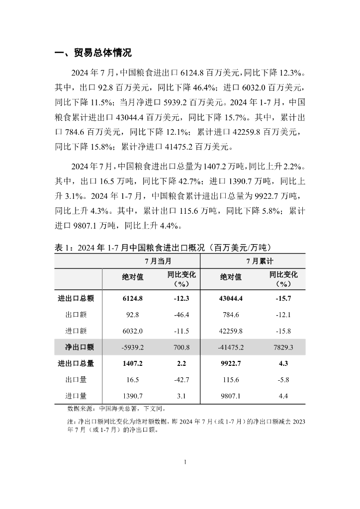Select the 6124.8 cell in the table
[x=133, y=299]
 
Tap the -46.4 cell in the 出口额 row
[x=176, y=315]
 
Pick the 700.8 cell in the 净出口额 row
[x=176, y=347]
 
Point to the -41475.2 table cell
[x=230, y=347]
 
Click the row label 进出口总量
[x=76, y=363]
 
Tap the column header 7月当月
[x=151, y=261]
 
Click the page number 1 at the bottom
[x=185, y=462]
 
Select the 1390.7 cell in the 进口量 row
[x=133, y=396]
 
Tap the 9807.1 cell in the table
[x=231, y=396]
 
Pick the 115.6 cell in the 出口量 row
[x=231, y=379]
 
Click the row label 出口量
[x=76, y=379]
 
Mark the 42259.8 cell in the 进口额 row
[x=231, y=331]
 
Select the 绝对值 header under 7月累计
[x=231, y=277]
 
